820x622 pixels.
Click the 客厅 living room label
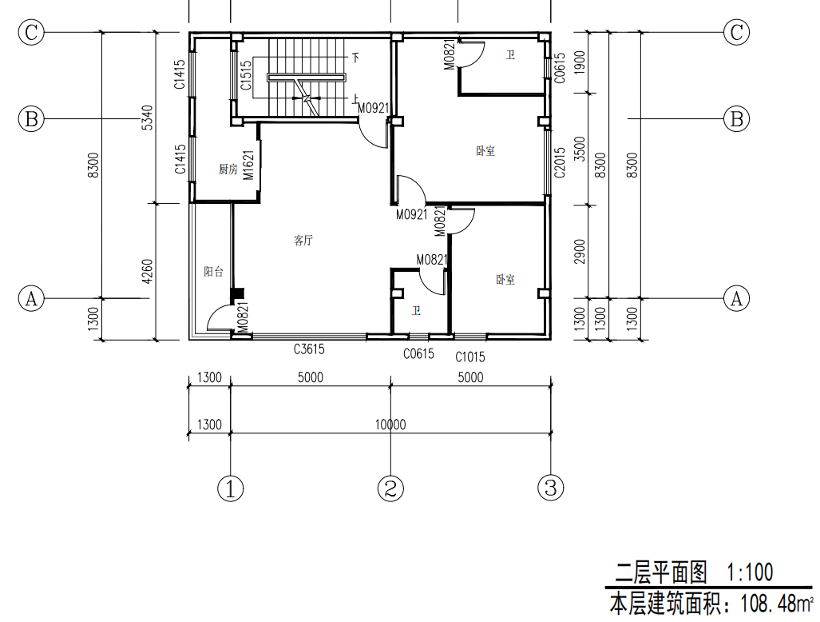tap(303, 241)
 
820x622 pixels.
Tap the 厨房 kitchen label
tap(228, 169)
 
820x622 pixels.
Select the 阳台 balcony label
tap(213, 272)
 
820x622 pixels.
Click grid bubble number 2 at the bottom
tap(390, 488)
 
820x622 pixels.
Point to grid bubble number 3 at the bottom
tap(551, 488)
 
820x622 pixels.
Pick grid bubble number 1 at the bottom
tap(231, 488)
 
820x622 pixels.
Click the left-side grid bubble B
tap(31, 119)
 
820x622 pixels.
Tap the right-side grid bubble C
tap(736, 33)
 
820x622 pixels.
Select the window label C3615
tap(309, 349)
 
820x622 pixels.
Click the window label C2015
tap(560, 162)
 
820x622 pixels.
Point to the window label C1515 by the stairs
tap(246, 75)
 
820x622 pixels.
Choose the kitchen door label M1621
tap(249, 165)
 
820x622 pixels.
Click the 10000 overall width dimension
tap(390, 424)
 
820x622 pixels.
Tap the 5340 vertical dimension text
tap(148, 118)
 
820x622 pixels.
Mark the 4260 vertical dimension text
tap(148, 272)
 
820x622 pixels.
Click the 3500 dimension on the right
tap(580, 149)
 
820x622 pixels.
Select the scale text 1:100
tap(750, 572)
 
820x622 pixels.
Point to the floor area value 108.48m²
tap(777, 604)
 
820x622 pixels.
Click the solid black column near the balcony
tap(237, 295)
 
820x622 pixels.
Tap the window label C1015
tap(470, 357)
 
